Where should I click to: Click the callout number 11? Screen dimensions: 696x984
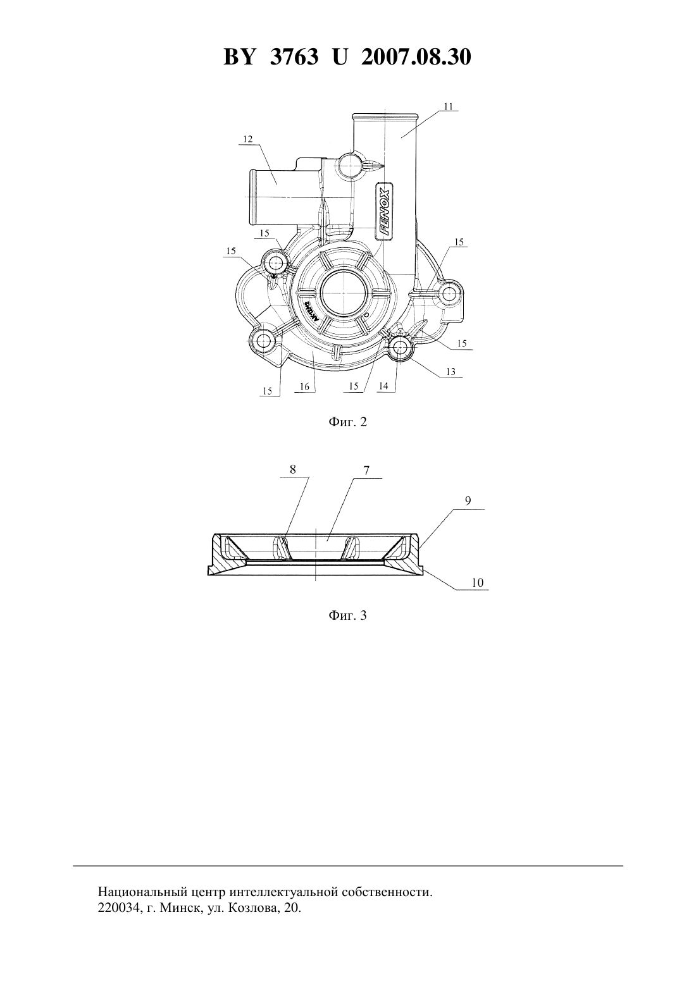pos(448,106)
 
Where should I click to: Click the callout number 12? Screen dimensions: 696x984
pos(248,139)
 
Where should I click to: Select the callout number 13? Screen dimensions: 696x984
pos(451,372)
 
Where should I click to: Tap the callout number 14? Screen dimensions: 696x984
pos(383,386)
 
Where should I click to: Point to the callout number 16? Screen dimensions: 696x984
pos(304,386)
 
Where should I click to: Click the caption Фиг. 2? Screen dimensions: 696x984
pos(347,422)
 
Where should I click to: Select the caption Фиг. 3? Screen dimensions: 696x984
pos(347,615)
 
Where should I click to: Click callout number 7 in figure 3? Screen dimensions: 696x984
pos(366,470)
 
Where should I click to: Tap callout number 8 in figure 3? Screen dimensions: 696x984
pos(292,470)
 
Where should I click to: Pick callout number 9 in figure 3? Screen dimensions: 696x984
pos(468,501)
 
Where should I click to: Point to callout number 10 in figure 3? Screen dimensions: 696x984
pos(477,582)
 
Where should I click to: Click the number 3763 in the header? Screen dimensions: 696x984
pos(294,57)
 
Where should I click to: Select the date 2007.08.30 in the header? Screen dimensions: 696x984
pos(416,57)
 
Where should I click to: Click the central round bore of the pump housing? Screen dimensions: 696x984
pos(343,292)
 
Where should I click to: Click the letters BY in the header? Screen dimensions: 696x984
pos(239,57)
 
